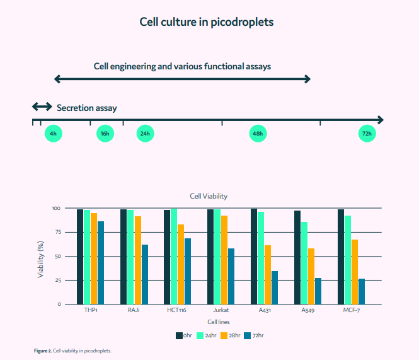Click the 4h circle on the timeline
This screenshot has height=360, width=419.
coord(53,134)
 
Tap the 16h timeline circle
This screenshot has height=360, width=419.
coord(105,134)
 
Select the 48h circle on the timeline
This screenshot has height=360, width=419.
coord(257,134)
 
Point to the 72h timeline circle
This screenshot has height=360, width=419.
coord(367,134)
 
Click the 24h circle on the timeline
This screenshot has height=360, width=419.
coord(145,134)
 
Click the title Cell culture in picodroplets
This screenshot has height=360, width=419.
coord(207,22)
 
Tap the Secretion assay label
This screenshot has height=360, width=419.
coord(86,108)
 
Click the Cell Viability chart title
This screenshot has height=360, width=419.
coord(209,196)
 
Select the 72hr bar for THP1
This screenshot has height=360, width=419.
coord(101,262)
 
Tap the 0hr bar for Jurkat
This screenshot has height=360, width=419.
coord(210,257)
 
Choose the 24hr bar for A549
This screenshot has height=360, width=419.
coord(304,263)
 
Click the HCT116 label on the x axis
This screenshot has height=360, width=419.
coord(178,310)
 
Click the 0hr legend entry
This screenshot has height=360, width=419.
coord(183,335)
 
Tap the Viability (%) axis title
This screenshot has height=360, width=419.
coord(41,257)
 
